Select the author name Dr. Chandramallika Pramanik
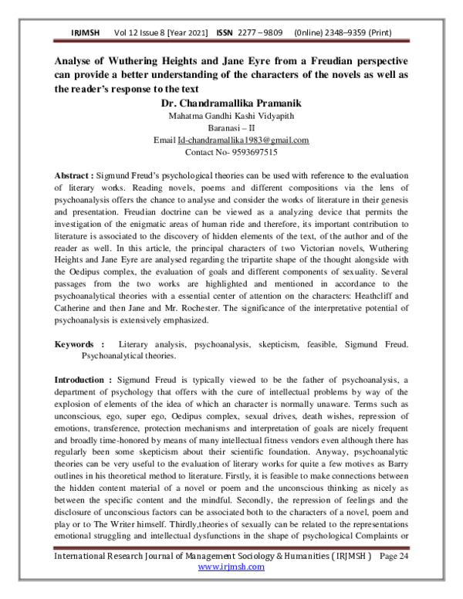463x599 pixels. click(231, 103)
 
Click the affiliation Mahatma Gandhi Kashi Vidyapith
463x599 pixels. click(231, 116)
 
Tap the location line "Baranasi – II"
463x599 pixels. click(231, 128)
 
